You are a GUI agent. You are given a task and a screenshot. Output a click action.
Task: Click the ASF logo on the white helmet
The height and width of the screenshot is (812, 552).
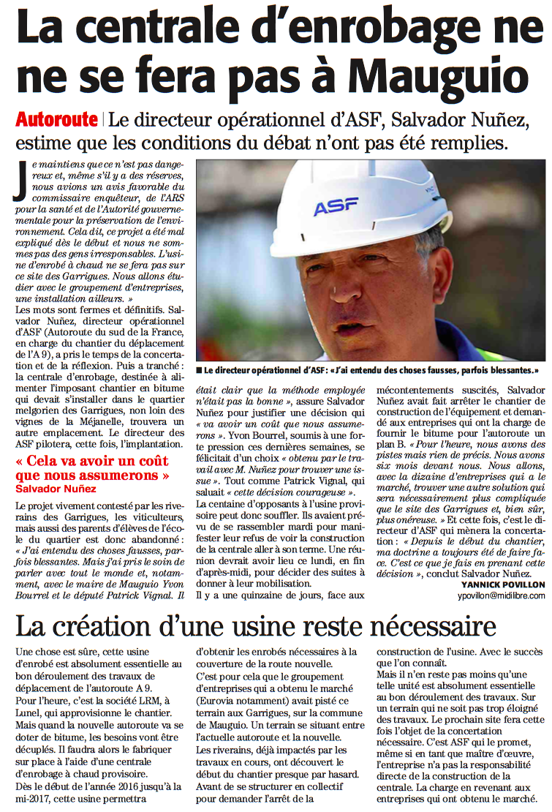tap(336, 207)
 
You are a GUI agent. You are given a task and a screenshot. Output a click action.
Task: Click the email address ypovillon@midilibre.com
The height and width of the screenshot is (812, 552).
tap(498, 596)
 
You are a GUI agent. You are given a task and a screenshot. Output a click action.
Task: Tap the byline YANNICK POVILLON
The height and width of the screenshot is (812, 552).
tap(503, 584)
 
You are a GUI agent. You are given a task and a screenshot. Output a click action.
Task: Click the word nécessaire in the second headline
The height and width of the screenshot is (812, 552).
tap(423, 628)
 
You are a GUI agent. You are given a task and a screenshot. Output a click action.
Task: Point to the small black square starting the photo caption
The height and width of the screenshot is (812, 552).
tap(199, 370)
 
